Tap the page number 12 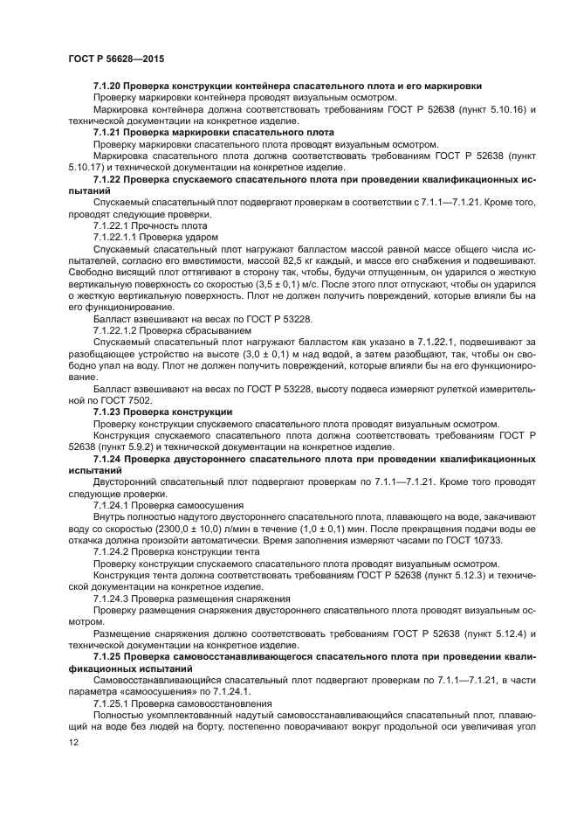coord(73,742)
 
